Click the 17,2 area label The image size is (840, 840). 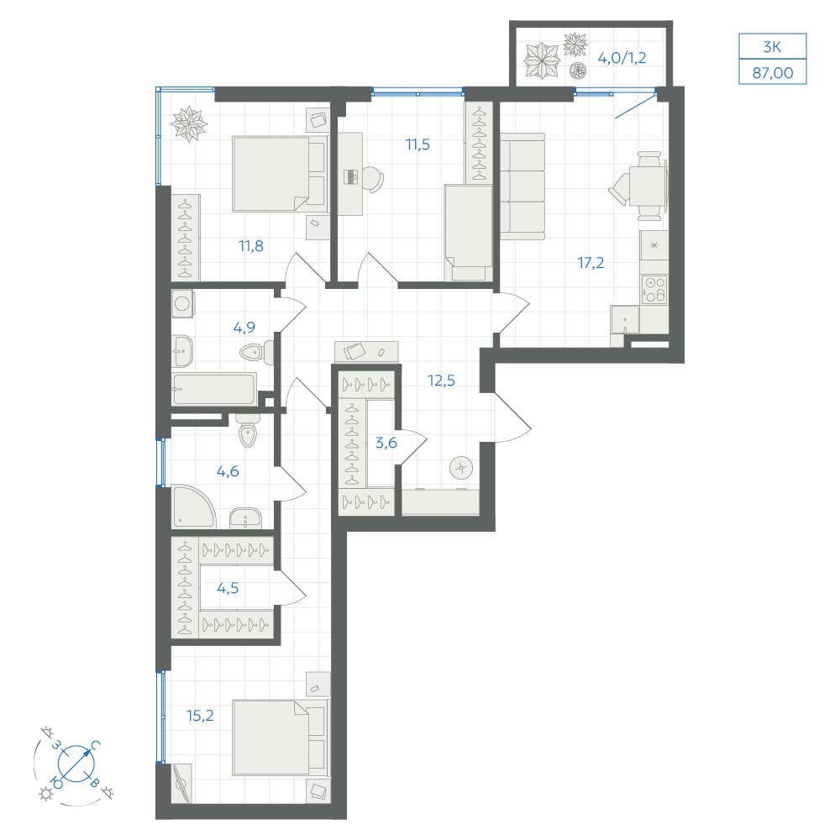[591, 262]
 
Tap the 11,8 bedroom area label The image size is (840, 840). [250, 246]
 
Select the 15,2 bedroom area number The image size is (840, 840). [200, 715]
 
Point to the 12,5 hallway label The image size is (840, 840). [441, 381]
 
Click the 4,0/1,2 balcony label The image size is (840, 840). [622, 58]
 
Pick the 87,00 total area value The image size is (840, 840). [773, 72]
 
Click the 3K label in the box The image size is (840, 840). [772, 47]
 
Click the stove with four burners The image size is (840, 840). [654, 289]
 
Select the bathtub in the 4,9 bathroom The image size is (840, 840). [214, 389]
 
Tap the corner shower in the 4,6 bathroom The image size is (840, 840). [193, 507]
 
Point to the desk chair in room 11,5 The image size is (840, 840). [373, 179]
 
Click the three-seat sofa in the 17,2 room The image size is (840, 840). [522, 186]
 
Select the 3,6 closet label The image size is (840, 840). [386, 443]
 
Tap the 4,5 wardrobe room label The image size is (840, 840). [228, 588]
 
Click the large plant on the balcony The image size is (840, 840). [541, 60]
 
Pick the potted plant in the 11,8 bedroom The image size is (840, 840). [188, 124]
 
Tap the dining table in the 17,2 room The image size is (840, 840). [648, 186]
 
